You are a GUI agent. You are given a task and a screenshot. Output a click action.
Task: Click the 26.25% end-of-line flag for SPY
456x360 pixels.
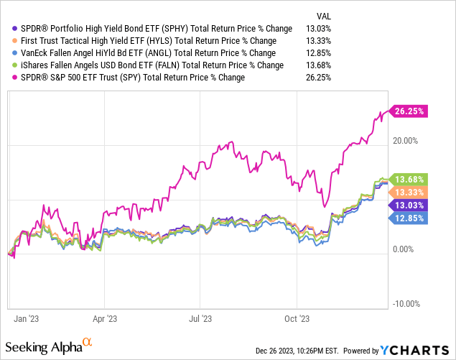click(x=407, y=111)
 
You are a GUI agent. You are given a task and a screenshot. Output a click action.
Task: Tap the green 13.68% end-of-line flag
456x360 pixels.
click(x=407, y=178)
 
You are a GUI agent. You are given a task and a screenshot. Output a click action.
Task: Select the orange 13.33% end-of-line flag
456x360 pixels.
click(x=407, y=192)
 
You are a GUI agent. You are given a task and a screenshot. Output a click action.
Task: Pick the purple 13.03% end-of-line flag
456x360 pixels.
click(x=407, y=206)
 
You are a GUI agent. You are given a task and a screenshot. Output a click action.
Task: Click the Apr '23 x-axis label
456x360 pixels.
click(x=106, y=317)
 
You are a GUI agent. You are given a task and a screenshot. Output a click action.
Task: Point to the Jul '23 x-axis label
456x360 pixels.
click(x=201, y=317)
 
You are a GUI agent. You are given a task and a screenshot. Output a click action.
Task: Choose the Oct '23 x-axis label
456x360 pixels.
click(x=297, y=317)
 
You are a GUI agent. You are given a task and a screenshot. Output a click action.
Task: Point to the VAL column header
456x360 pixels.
click(x=324, y=15)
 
